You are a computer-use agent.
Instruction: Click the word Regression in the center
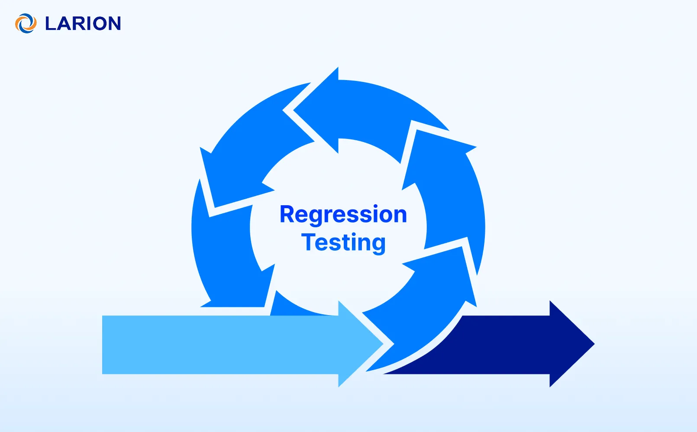click(343, 214)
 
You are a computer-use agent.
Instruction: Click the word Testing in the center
click(343, 242)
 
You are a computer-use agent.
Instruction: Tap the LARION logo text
click(83, 24)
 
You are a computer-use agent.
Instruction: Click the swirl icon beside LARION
click(26, 23)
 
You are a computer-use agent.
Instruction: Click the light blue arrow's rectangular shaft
click(216, 345)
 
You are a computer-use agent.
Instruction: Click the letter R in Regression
click(288, 214)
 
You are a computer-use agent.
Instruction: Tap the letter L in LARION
click(51, 24)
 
